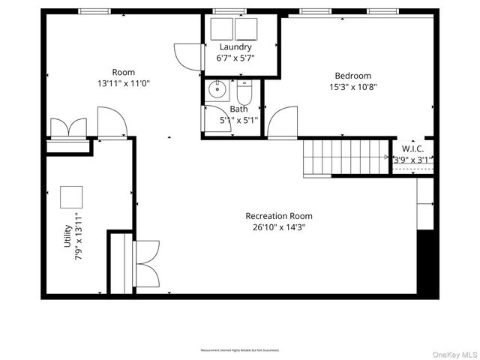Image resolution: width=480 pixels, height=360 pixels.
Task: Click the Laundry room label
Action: point(235,47)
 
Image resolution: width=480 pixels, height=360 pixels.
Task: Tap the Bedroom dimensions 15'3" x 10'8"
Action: point(352,86)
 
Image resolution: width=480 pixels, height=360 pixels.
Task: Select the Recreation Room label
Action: point(279,216)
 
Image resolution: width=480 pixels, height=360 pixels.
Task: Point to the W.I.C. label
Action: point(413,148)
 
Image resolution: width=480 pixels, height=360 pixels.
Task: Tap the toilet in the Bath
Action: point(244,94)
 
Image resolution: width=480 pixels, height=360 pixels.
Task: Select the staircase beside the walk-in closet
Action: point(347,157)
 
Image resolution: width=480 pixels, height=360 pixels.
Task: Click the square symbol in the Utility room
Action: point(72,197)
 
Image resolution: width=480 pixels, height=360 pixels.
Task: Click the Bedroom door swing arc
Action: point(283,121)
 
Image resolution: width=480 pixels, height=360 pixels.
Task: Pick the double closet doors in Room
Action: point(69,127)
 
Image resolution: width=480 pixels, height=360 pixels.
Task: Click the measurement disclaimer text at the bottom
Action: point(240,350)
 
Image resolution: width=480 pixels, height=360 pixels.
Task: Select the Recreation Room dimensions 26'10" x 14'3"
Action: point(279,226)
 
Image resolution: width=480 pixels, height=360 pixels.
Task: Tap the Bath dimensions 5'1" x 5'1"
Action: point(238,119)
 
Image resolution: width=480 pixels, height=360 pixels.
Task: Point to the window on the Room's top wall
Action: point(91,11)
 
